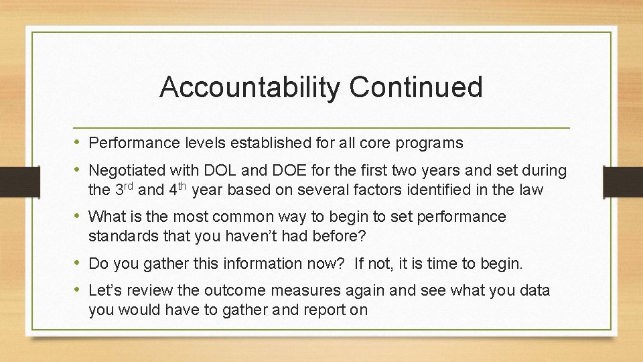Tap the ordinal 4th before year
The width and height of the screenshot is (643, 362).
(x=177, y=189)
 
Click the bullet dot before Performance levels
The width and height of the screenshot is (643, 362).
(x=78, y=143)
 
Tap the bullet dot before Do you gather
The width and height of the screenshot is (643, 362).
(x=78, y=263)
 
